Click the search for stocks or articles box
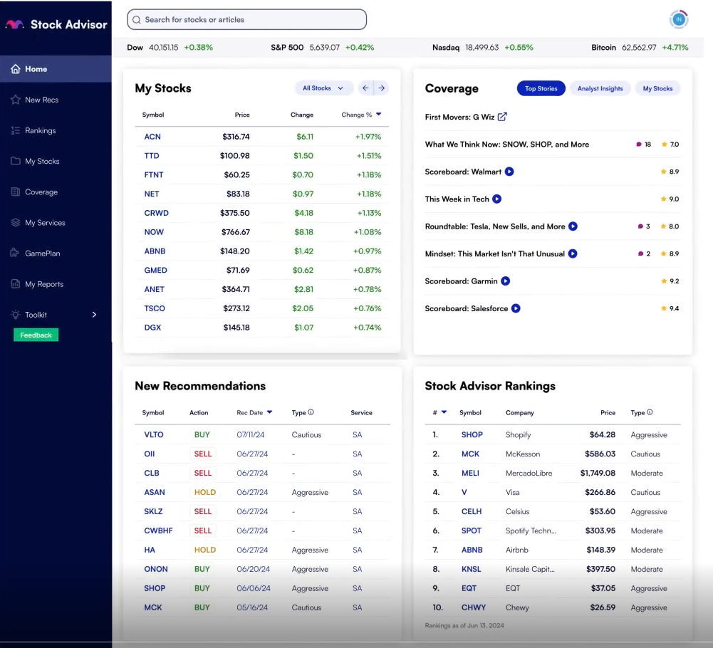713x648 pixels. pyautogui.click(x=246, y=20)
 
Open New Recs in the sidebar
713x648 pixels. pyautogui.click(x=41, y=100)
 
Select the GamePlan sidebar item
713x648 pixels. pyautogui.click(x=42, y=254)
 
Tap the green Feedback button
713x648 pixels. pyautogui.click(x=36, y=335)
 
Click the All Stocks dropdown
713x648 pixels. pyautogui.click(x=323, y=88)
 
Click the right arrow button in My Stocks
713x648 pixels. pyautogui.click(x=382, y=88)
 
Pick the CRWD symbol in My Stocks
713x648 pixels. pyautogui.click(x=156, y=213)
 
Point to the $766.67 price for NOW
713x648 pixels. pyautogui.click(x=235, y=232)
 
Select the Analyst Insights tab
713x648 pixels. pyautogui.click(x=600, y=89)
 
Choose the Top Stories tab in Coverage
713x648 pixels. pyautogui.click(x=541, y=89)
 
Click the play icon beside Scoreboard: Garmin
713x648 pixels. pyautogui.click(x=505, y=281)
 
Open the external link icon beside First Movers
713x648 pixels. pyautogui.click(x=502, y=117)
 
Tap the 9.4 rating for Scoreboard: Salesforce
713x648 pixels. pyautogui.click(x=674, y=309)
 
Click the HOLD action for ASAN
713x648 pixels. pyautogui.click(x=204, y=493)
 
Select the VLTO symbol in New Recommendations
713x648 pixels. pyautogui.click(x=154, y=435)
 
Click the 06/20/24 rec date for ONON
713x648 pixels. pyautogui.click(x=252, y=570)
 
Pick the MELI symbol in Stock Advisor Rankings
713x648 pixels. pyautogui.click(x=471, y=474)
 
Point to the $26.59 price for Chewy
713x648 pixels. pyautogui.click(x=602, y=608)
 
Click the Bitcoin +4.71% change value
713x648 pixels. pyautogui.click(x=675, y=48)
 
